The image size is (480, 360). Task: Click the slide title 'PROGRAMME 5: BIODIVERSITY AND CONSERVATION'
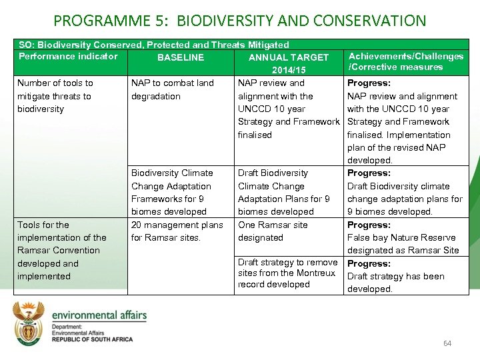[239, 20]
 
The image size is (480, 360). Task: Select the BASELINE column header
[181, 57]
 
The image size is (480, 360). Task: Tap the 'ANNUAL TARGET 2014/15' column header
[289, 63]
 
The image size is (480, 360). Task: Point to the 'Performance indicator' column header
[68, 56]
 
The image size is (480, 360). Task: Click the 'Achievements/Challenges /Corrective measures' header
[405, 61]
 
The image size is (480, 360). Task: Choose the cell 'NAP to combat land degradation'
[173, 89]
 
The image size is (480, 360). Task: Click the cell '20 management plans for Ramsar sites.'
[177, 231]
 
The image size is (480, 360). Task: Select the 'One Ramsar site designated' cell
[273, 231]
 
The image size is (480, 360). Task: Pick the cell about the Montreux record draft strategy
[287, 273]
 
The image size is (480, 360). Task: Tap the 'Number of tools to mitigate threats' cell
[55, 96]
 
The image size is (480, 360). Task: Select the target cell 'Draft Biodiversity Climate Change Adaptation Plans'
[284, 192]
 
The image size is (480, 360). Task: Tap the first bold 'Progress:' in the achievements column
[369, 83]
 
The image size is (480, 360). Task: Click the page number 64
[447, 343]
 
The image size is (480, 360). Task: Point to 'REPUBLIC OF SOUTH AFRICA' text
[92, 339]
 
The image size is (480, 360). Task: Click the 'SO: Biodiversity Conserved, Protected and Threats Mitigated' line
[153, 45]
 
